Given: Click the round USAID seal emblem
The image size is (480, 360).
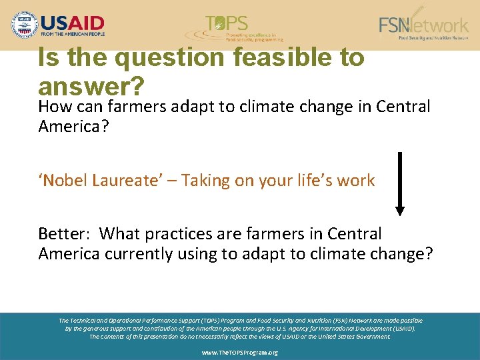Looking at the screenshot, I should tap(25, 25).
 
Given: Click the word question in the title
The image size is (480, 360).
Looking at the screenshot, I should tap(169, 57).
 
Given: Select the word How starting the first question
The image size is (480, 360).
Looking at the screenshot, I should tap(54, 107).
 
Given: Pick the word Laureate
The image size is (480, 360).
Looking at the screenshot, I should tap(124, 181).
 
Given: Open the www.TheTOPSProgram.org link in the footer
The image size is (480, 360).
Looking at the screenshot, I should tap(240, 352).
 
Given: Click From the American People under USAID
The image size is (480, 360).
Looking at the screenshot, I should tap(73, 33).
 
